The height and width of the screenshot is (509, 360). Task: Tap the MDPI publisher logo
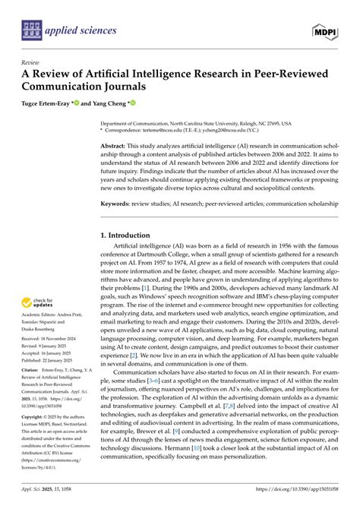[326, 31]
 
